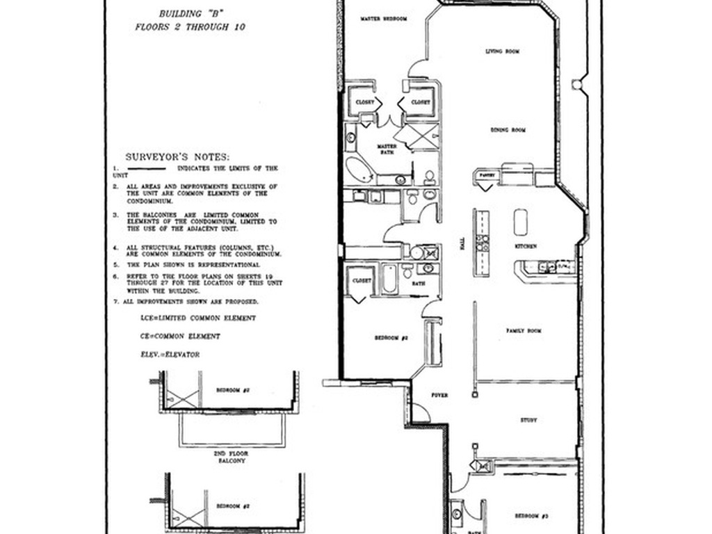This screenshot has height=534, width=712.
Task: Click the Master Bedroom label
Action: pyautogui.click(x=384, y=19)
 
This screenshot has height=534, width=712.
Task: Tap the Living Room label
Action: pyautogui.click(x=503, y=51)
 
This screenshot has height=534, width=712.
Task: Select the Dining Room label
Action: pyautogui.click(x=508, y=130)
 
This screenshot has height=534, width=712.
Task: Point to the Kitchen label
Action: pyautogui.click(x=525, y=247)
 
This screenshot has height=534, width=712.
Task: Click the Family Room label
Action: pyautogui.click(x=524, y=331)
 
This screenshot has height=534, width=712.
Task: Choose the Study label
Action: pyautogui.click(x=528, y=420)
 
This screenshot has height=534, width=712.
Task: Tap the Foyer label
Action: pyautogui.click(x=439, y=395)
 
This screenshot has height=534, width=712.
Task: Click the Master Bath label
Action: pyautogui.click(x=387, y=149)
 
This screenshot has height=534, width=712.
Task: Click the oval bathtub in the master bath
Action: pyautogui.click(x=359, y=169)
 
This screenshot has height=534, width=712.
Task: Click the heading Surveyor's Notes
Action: pyautogui.click(x=177, y=157)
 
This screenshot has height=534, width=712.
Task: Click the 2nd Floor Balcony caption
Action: pyautogui.click(x=231, y=457)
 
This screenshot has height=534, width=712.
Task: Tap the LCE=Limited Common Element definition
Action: pyautogui.click(x=198, y=318)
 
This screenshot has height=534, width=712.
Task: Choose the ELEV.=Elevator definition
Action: pyautogui.click(x=170, y=355)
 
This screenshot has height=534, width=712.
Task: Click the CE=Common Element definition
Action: pyautogui.click(x=180, y=337)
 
